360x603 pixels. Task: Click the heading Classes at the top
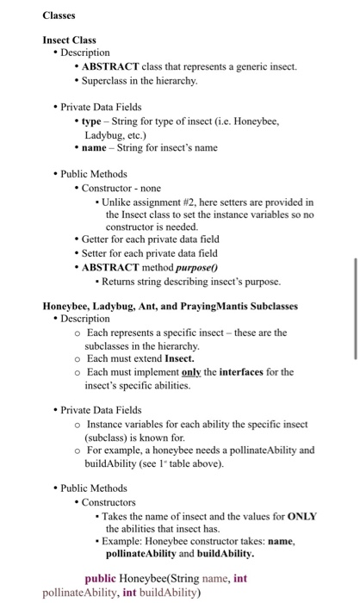click(59, 16)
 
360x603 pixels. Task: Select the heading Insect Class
click(70, 40)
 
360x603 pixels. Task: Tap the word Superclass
click(109, 81)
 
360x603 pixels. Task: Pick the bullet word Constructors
click(109, 502)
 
